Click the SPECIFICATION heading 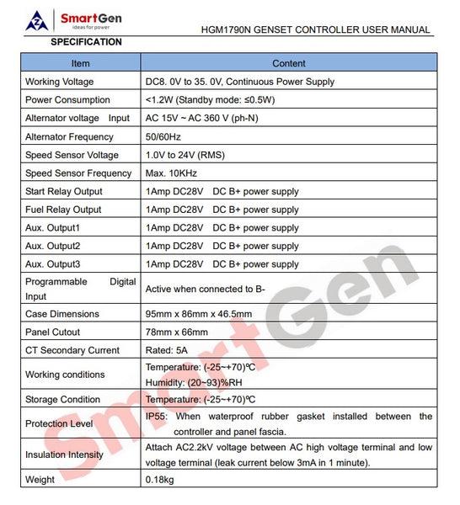point(86,42)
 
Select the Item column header point(80,63)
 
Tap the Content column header point(289,63)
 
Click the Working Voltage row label point(60,82)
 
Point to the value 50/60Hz point(163,137)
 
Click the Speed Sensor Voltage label point(72,155)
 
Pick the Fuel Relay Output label point(63,210)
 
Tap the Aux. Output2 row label point(53,246)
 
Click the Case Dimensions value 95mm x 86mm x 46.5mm point(199,314)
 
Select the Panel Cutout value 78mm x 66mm point(176,332)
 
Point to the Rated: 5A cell point(168,351)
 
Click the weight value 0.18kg point(160,480)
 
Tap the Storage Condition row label point(62,400)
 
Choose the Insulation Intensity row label point(65,455)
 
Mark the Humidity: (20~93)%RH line point(193,380)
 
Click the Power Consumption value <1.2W point(160,100)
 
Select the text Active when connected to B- point(206,290)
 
